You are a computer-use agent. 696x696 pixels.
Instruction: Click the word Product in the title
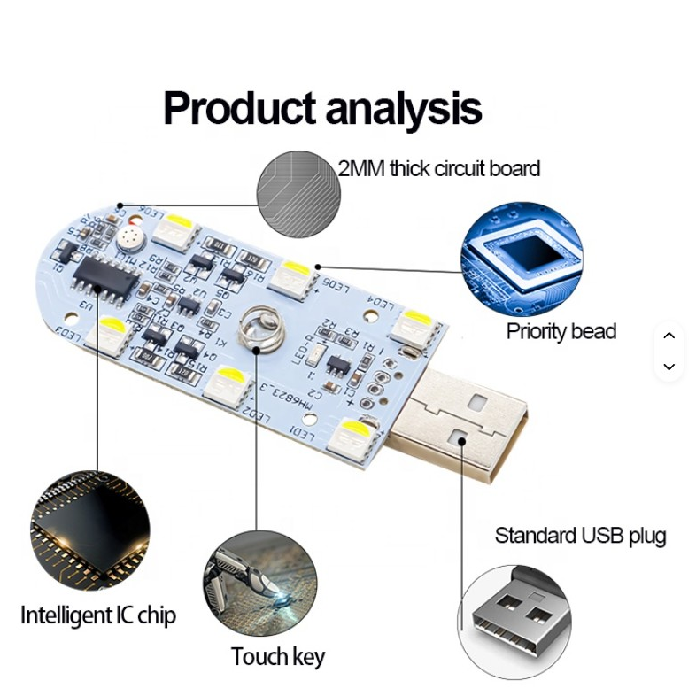click(x=239, y=110)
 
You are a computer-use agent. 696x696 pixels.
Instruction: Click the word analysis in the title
click(x=403, y=110)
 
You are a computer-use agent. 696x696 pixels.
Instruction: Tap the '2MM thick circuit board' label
click(x=438, y=168)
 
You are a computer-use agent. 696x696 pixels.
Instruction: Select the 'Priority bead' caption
click(x=561, y=332)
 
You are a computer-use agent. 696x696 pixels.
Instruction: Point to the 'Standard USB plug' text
click(x=580, y=536)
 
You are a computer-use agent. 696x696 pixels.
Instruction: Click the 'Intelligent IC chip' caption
click(x=98, y=615)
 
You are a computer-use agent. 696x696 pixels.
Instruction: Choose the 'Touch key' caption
click(x=277, y=657)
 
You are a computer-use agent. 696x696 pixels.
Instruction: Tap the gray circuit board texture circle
click(x=297, y=192)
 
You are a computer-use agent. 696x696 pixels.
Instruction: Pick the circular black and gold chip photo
click(x=89, y=531)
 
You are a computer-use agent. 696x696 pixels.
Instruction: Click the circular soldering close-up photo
click(x=260, y=583)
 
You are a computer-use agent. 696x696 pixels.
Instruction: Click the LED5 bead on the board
click(x=290, y=277)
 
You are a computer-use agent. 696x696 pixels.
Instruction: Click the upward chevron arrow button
click(x=669, y=336)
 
